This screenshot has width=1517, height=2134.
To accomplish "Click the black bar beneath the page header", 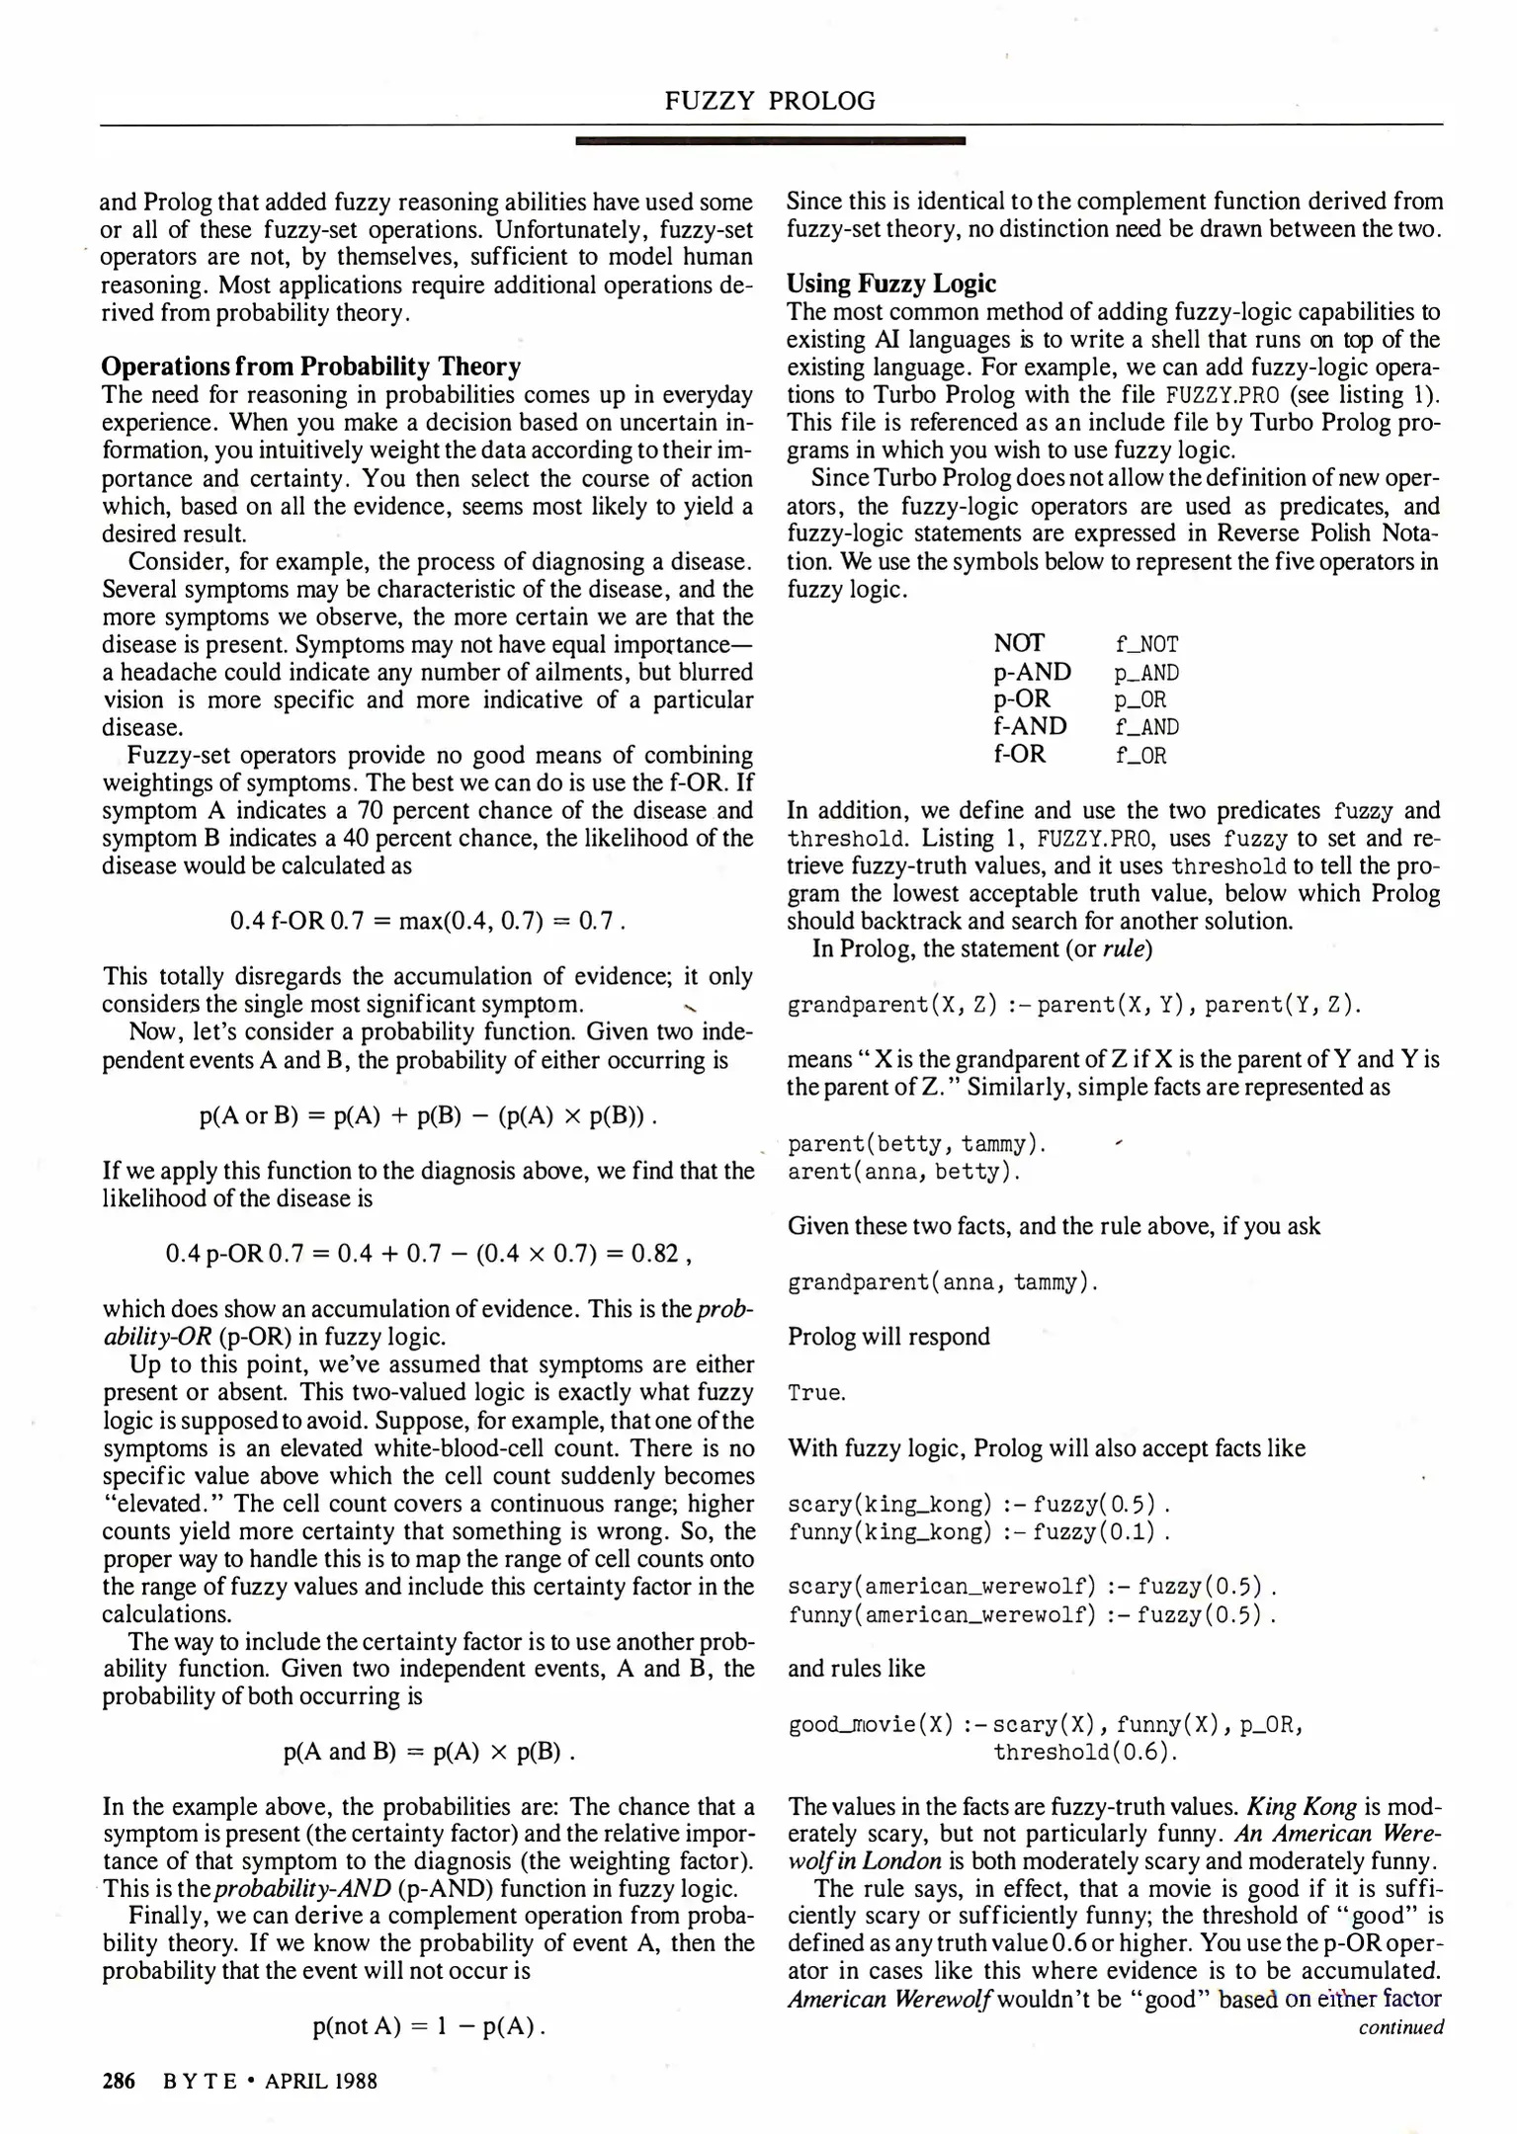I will tap(770, 142).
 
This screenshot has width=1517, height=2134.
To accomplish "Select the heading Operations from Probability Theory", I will tap(311, 367).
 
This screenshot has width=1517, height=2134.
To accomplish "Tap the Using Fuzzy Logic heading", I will tap(890, 284).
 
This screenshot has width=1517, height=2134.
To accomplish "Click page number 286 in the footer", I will tap(119, 2081).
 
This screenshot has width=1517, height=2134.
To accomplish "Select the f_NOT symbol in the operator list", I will tap(1146, 645).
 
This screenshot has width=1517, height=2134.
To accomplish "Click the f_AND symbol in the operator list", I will tap(1146, 728).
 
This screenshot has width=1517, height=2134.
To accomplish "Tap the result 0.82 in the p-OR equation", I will tap(654, 1254).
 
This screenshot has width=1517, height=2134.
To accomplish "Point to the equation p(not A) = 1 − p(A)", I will tap(428, 2027).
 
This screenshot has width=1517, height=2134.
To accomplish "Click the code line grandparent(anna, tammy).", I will tap(943, 1283).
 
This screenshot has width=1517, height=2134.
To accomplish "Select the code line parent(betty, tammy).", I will tap(916, 1145).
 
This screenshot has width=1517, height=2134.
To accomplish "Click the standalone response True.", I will tap(816, 1393).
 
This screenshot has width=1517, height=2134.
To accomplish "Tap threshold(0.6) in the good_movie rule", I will tap(1085, 1753).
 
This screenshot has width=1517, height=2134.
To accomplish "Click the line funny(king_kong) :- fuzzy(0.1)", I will tap(978, 1532).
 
